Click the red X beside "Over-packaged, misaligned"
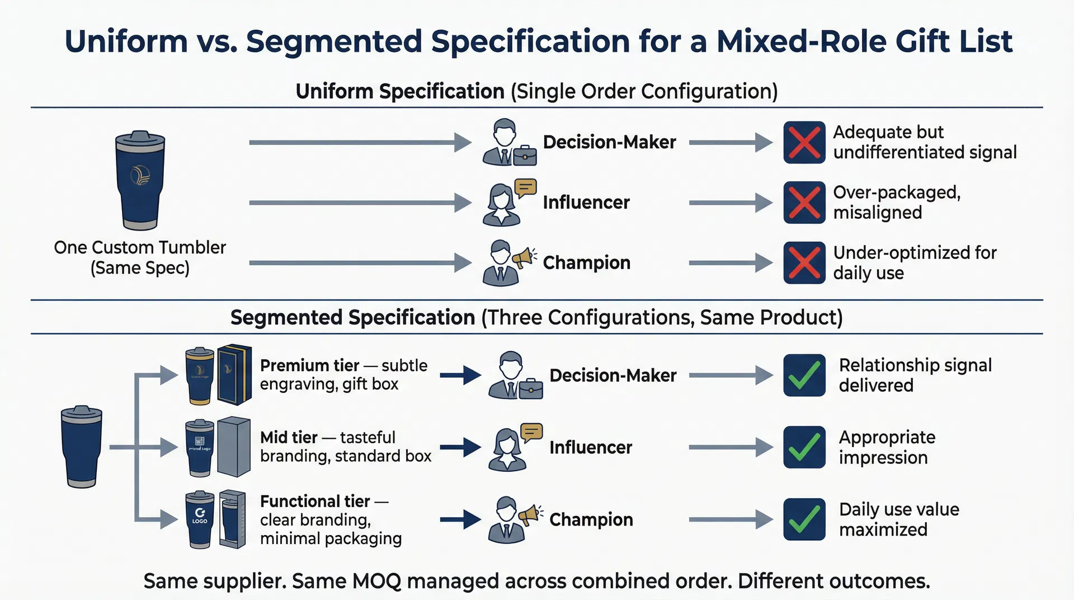804,202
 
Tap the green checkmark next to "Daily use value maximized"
804,519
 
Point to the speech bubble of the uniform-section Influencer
525,188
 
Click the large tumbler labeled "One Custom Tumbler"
139,180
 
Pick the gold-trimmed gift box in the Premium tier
234,374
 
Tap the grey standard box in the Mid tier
234,446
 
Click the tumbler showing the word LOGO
200,519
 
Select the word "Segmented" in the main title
333,41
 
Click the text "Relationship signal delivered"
915,375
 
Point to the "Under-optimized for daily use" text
915,262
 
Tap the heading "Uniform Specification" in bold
400,91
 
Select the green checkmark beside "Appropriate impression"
804,447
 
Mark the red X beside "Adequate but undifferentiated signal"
804,142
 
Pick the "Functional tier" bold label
315,501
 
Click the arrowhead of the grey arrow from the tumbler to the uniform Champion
463,262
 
